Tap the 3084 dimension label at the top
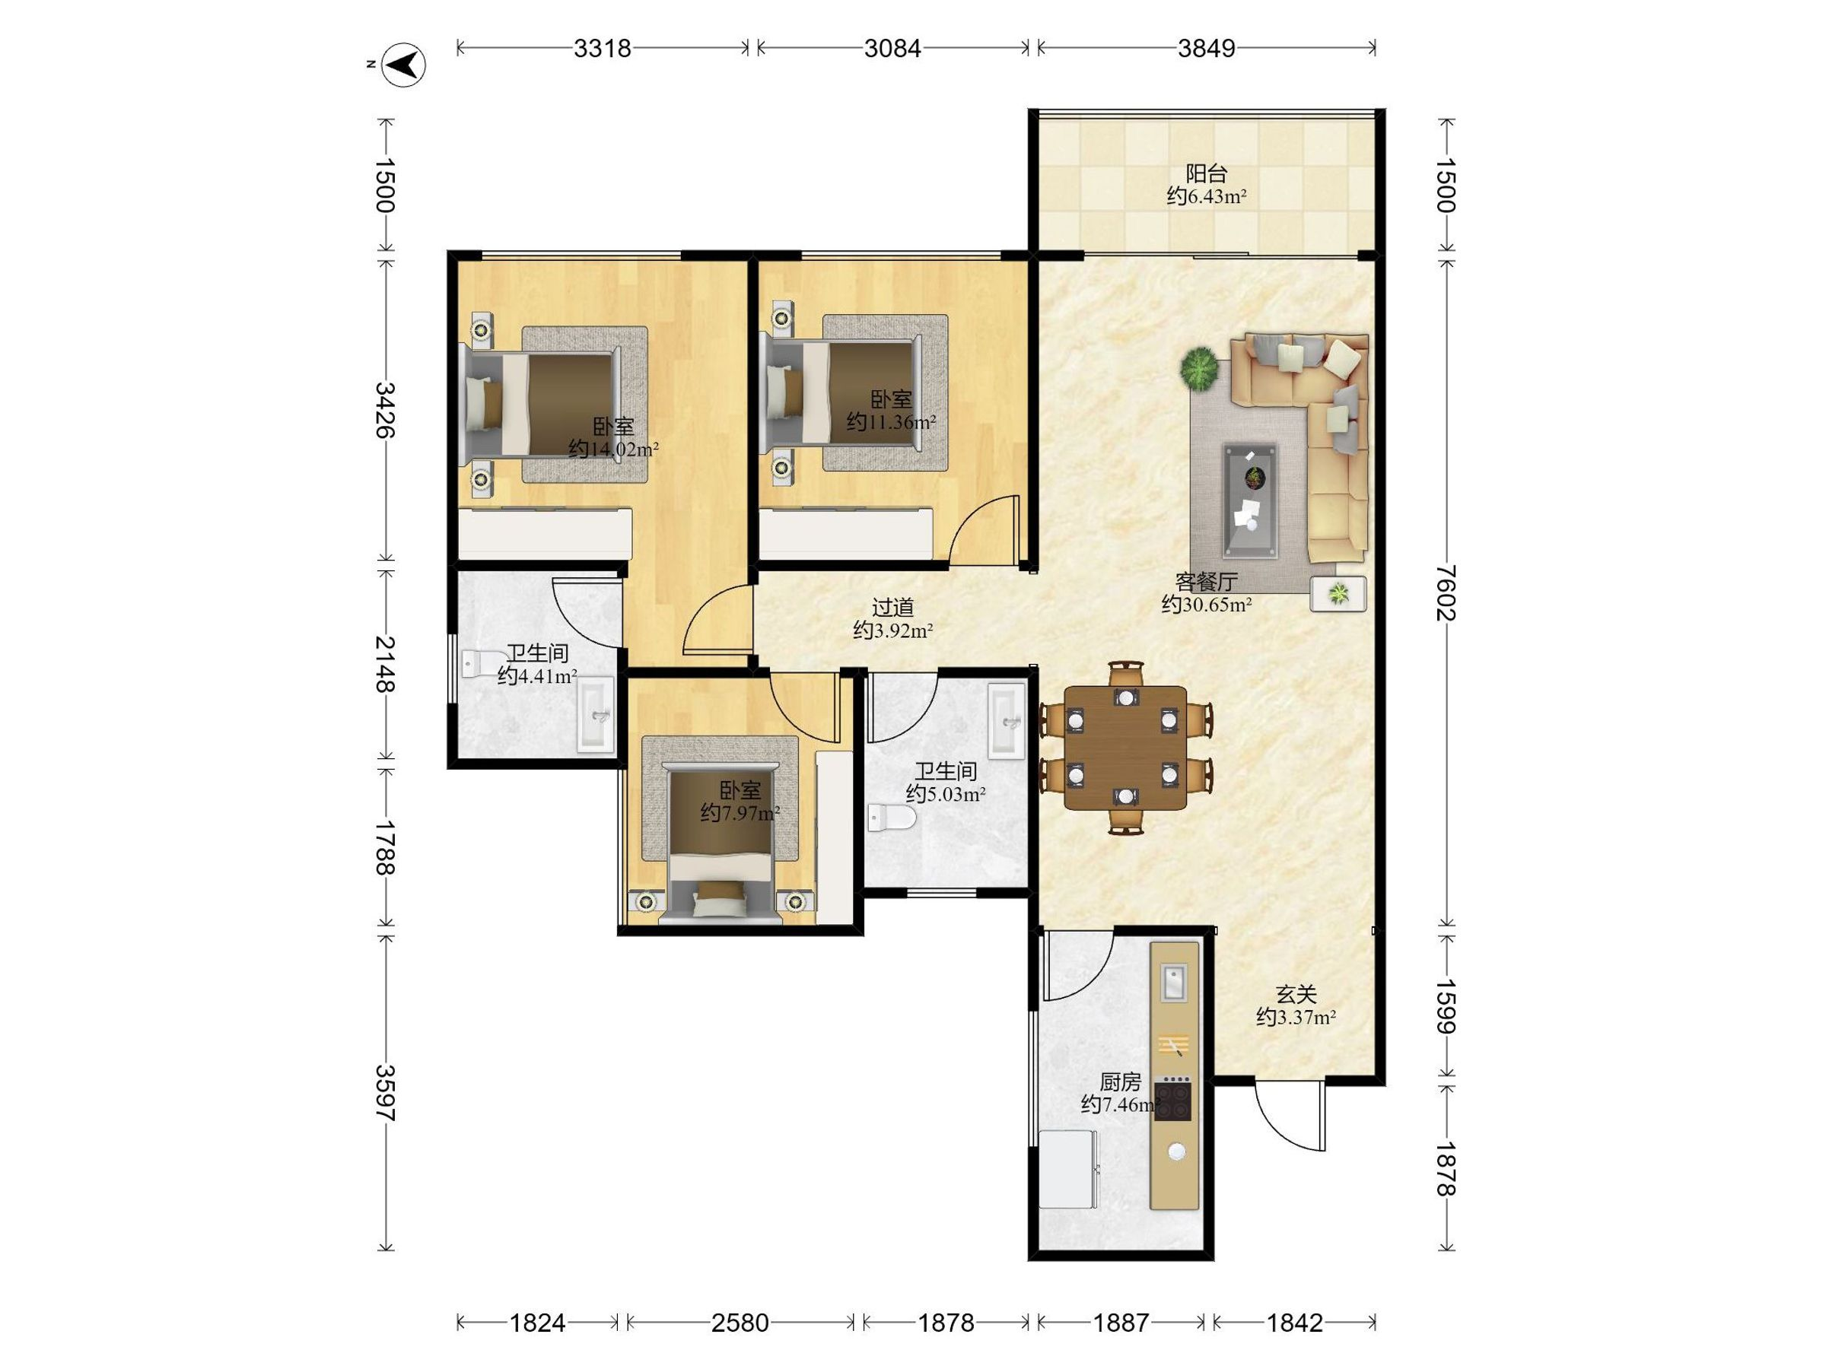pos(892,49)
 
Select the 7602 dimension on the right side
pos(1446,592)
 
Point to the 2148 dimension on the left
pos(386,663)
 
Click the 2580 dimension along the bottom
pos(740,1323)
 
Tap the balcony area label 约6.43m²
pos(1206,196)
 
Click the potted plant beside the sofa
pos(1198,367)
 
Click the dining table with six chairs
pos(1125,747)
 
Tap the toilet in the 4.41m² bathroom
pos(485,662)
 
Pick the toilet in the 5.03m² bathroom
pos(892,818)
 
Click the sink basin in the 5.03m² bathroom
pos(1007,720)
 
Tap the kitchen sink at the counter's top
pos(1174,982)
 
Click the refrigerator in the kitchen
pos(1070,1170)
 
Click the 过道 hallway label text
pos(893,608)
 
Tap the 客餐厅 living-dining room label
pos(1206,582)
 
